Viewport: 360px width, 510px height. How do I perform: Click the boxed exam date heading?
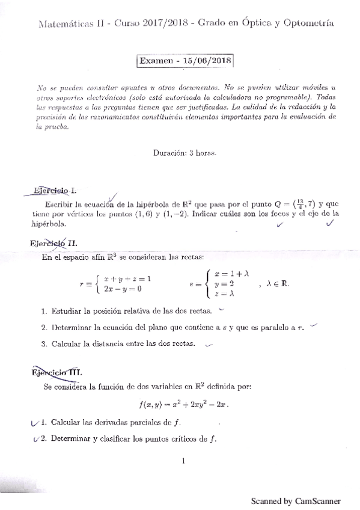tap(185, 61)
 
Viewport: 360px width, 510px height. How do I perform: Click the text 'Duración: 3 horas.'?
tap(185, 152)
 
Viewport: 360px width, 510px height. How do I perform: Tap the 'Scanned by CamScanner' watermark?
tap(296, 500)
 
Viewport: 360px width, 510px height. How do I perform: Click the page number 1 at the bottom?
tap(183, 461)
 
